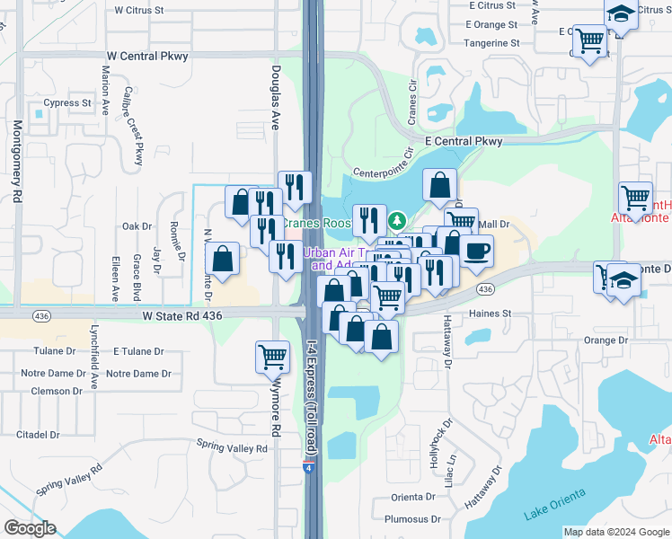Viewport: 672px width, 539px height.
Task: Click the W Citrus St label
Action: pyautogui.click(x=139, y=10)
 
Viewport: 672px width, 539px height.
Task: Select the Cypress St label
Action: pyautogui.click(x=68, y=102)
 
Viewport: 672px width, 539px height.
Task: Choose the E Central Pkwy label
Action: pyautogui.click(x=463, y=141)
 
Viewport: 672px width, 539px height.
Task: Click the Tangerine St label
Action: pyautogui.click(x=490, y=42)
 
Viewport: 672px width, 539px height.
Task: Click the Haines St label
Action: pyautogui.click(x=490, y=314)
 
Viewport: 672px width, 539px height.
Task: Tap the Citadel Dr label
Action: pyautogui.click(x=37, y=434)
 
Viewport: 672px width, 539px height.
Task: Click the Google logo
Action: pyautogui.click(x=30, y=528)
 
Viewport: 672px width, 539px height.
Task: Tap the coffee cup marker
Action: pyautogui.click(x=476, y=251)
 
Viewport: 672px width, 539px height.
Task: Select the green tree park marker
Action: pyautogui.click(x=397, y=220)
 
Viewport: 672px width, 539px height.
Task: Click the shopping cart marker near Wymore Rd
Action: pyautogui.click(x=272, y=356)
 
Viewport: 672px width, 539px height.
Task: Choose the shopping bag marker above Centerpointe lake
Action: pyautogui.click(x=440, y=184)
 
